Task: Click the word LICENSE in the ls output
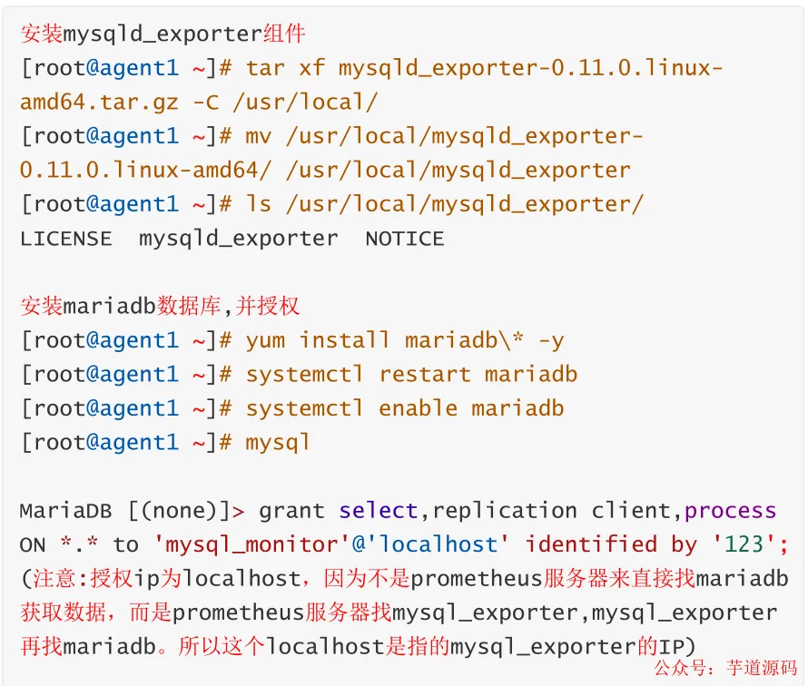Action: tap(65, 239)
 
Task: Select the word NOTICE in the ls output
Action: tap(405, 239)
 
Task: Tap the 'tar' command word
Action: tap(265, 68)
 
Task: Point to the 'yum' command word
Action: tap(265, 340)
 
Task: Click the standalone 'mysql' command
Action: tap(278, 442)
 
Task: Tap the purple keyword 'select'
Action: tap(379, 510)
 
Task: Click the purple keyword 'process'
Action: tap(731, 510)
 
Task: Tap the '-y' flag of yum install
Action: tap(551, 340)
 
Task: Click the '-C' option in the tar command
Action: tap(206, 103)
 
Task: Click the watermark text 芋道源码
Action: tap(759, 668)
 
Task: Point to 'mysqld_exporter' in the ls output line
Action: tap(239, 239)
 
